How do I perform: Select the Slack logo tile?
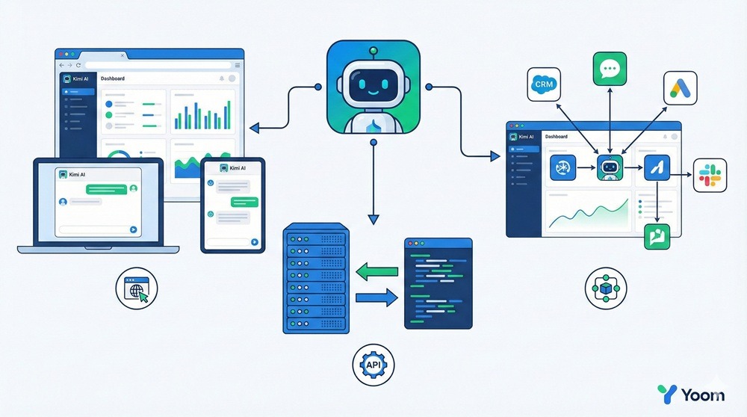(x=710, y=176)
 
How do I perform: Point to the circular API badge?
(x=373, y=365)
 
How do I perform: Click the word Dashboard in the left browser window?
(x=113, y=78)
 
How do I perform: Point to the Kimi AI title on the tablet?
(x=238, y=169)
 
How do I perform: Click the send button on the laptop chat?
(x=133, y=229)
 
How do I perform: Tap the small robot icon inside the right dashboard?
(x=609, y=167)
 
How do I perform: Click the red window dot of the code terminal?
(x=409, y=244)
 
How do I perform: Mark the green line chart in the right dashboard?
(x=587, y=211)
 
